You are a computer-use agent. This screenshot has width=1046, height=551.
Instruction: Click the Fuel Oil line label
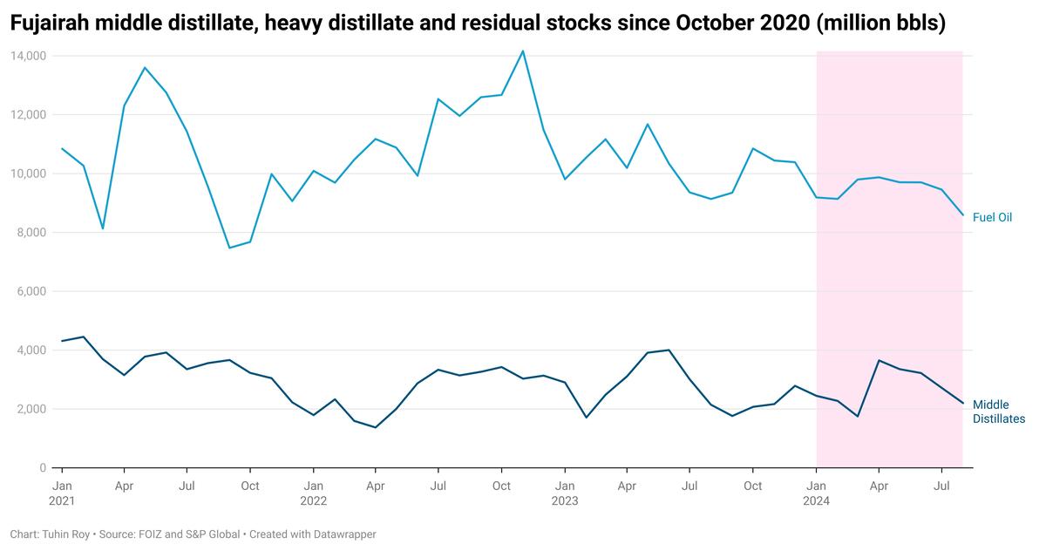pyautogui.click(x=992, y=217)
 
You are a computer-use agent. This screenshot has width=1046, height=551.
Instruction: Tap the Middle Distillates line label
pyautogui.click(x=998, y=412)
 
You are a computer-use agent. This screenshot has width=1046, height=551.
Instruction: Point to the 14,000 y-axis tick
pyautogui.click(x=29, y=56)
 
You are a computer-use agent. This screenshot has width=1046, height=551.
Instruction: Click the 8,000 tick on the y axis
pyautogui.click(x=31, y=233)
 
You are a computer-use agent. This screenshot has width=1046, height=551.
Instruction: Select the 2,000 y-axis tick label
pyautogui.click(x=31, y=409)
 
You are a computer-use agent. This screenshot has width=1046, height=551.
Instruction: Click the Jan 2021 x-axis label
pyautogui.click(x=62, y=493)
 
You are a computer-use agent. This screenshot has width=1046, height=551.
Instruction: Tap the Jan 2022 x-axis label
pyautogui.click(x=313, y=493)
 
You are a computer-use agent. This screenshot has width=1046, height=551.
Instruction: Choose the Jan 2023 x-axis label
pyautogui.click(x=564, y=493)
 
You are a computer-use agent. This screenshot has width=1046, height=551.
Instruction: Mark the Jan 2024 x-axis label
pyautogui.click(x=817, y=493)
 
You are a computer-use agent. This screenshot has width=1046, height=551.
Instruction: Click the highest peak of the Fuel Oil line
pyautogui.click(x=522, y=51)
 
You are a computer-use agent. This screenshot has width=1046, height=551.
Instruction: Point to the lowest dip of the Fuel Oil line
pyautogui.click(x=229, y=248)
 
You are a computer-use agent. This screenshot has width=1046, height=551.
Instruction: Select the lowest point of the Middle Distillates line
pyautogui.click(x=375, y=427)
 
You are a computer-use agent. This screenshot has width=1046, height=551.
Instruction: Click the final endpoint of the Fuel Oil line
pyautogui.click(x=962, y=215)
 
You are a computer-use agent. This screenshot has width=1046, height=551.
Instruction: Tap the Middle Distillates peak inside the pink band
pyautogui.click(x=879, y=360)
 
